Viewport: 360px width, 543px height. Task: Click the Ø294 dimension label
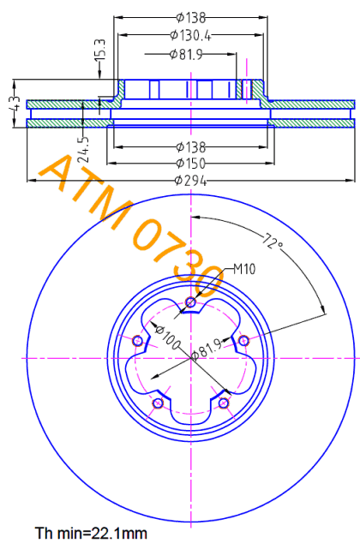(190, 180)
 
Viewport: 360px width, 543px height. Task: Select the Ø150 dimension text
(190, 163)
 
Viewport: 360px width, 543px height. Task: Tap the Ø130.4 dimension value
(190, 35)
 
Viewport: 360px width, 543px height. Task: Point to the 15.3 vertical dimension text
(100, 50)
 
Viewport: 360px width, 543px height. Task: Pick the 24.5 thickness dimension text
(83, 150)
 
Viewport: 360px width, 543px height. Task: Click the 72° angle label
(273, 242)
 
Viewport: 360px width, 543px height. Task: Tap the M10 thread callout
(244, 269)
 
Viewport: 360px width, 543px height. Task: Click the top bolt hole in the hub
(190, 302)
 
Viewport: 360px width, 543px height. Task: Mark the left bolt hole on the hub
(137, 341)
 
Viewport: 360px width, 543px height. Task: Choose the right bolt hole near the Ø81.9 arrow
(244, 341)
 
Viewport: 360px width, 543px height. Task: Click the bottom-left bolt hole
(158, 403)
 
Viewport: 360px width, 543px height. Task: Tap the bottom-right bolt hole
(224, 403)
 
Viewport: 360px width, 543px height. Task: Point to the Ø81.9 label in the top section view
(186, 54)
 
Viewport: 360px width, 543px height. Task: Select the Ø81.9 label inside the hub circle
(207, 349)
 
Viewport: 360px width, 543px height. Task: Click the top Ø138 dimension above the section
(190, 17)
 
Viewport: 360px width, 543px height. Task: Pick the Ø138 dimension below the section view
(190, 147)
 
